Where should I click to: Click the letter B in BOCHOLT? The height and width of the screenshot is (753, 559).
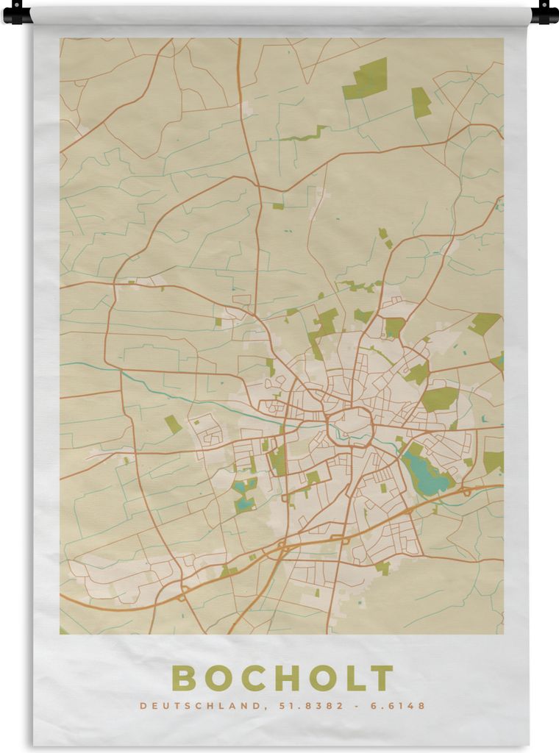pos(184,678)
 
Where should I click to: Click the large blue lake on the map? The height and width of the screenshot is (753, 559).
pos(424,474)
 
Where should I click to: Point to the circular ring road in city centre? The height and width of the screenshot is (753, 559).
pos(350,426)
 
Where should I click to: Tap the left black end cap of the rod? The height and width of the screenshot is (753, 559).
pos(15,13)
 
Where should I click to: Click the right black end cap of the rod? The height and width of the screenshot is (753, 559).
pos(545,13)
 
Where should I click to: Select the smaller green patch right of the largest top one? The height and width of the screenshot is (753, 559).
pos(421,102)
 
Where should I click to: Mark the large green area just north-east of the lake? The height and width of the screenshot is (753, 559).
pos(440,399)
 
